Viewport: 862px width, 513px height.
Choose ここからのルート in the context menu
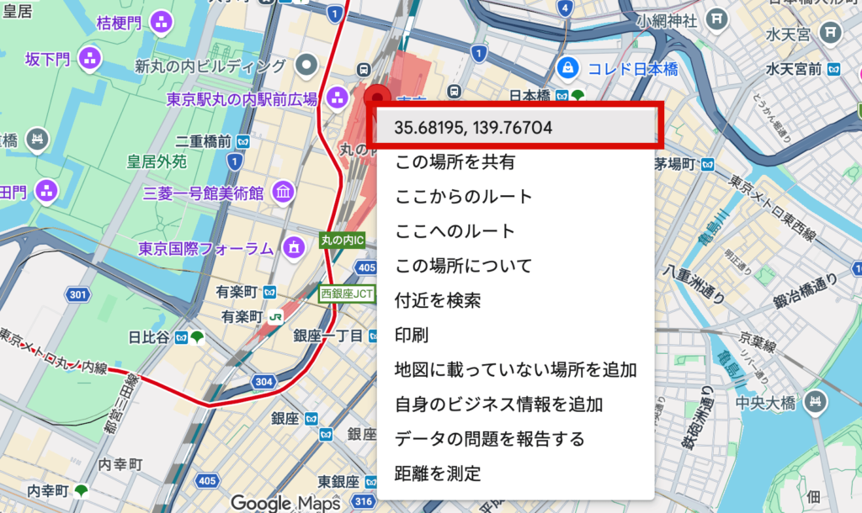tap(464, 197)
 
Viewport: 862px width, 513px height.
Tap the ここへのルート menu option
tap(455, 231)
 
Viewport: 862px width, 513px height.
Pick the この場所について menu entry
tap(464, 266)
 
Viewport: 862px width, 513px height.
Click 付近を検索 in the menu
tap(438, 300)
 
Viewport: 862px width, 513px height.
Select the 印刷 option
tap(412, 335)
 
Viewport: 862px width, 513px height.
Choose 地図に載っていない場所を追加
tap(515, 369)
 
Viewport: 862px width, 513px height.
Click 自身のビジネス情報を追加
tap(498, 404)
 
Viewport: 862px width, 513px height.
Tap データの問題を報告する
tap(489, 438)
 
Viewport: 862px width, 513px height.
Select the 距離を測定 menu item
tap(438, 473)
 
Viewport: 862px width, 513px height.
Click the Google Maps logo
tap(285, 502)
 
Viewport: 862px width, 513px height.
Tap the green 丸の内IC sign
tap(343, 241)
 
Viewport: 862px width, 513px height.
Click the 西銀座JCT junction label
tap(346, 294)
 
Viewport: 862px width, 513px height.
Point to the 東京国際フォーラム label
tap(206, 248)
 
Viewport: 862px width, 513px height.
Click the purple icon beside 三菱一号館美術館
tap(284, 193)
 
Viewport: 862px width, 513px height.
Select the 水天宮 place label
tap(787, 34)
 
